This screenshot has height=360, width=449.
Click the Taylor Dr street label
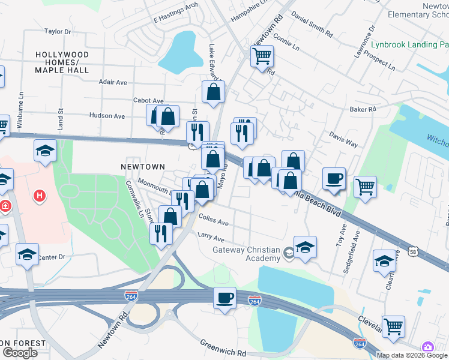58,31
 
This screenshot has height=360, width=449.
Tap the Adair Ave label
113,82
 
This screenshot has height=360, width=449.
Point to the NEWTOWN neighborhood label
142,166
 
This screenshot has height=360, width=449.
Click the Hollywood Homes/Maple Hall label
62,62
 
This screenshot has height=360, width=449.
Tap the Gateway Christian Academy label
246,254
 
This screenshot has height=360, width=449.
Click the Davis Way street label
343,141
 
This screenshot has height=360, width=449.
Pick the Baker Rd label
363,109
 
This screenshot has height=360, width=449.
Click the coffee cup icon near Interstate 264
225,298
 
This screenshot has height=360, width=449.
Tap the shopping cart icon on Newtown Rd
262,57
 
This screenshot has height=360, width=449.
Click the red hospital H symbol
40,195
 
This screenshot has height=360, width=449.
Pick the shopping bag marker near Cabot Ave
213,92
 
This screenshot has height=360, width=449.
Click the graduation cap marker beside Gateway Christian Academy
305,247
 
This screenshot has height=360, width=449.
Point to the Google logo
20,353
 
